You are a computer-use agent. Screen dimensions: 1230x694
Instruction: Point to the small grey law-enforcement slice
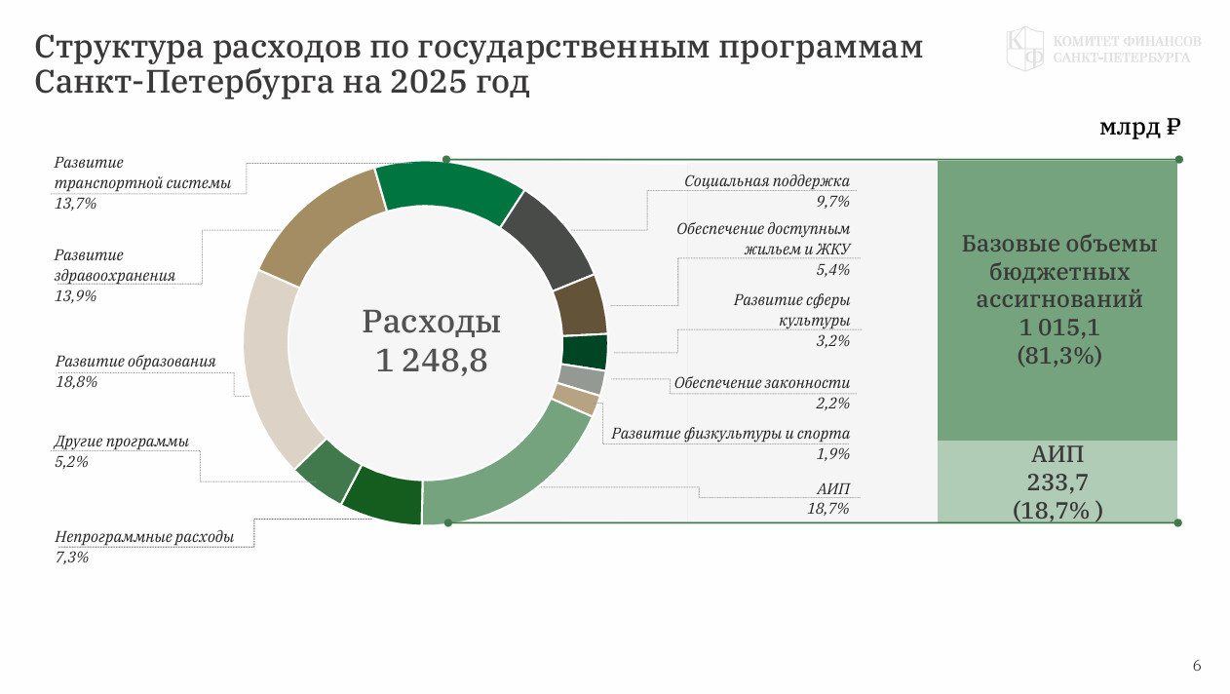click(x=582, y=379)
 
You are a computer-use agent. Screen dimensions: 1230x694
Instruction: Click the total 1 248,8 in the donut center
click(x=431, y=361)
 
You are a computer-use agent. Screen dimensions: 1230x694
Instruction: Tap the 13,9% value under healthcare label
click(x=75, y=296)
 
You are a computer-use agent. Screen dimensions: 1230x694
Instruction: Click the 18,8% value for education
click(x=76, y=382)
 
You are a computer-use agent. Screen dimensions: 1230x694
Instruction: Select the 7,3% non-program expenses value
click(x=71, y=558)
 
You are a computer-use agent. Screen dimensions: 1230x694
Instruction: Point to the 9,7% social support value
click(x=833, y=202)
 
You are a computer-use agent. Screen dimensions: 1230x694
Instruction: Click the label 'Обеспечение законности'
click(x=761, y=383)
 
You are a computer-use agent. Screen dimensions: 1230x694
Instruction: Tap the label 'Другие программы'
click(x=122, y=442)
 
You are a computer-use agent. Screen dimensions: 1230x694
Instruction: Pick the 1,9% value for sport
click(x=833, y=454)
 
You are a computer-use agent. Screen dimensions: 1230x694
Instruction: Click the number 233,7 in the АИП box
click(x=1057, y=482)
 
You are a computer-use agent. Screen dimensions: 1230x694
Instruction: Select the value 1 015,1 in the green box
click(x=1058, y=328)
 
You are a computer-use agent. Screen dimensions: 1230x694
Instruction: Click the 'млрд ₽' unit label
click(x=1140, y=128)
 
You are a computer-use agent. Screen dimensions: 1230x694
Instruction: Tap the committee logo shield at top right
click(x=1024, y=49)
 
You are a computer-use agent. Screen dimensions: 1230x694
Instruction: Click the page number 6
click(x=1197, y=666)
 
